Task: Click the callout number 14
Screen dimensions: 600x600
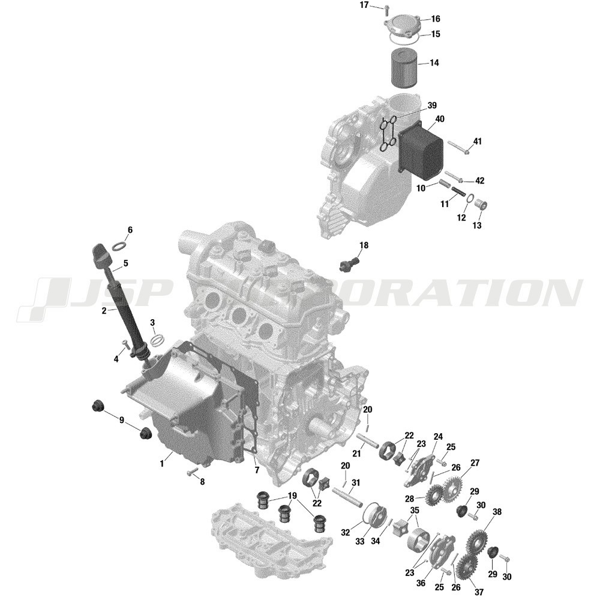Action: [434, 63]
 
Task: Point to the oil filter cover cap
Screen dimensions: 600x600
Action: [402, 27]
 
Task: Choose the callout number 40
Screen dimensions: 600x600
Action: [440, 119]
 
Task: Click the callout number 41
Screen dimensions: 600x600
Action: [477, 142]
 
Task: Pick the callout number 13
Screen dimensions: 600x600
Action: [477, 226]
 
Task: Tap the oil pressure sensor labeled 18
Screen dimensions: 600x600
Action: [349, 265]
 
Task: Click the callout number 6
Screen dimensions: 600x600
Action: [130, 230]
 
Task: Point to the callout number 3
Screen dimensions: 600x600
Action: [152, 323]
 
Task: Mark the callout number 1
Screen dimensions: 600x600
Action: [161, 464]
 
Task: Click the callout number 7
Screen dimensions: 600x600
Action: [257, 470]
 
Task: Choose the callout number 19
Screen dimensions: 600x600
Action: [292, 496]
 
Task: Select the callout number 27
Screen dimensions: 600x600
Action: [475, 463]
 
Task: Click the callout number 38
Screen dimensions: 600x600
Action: [497, 512]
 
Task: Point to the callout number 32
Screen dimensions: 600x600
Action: [345, 532]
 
